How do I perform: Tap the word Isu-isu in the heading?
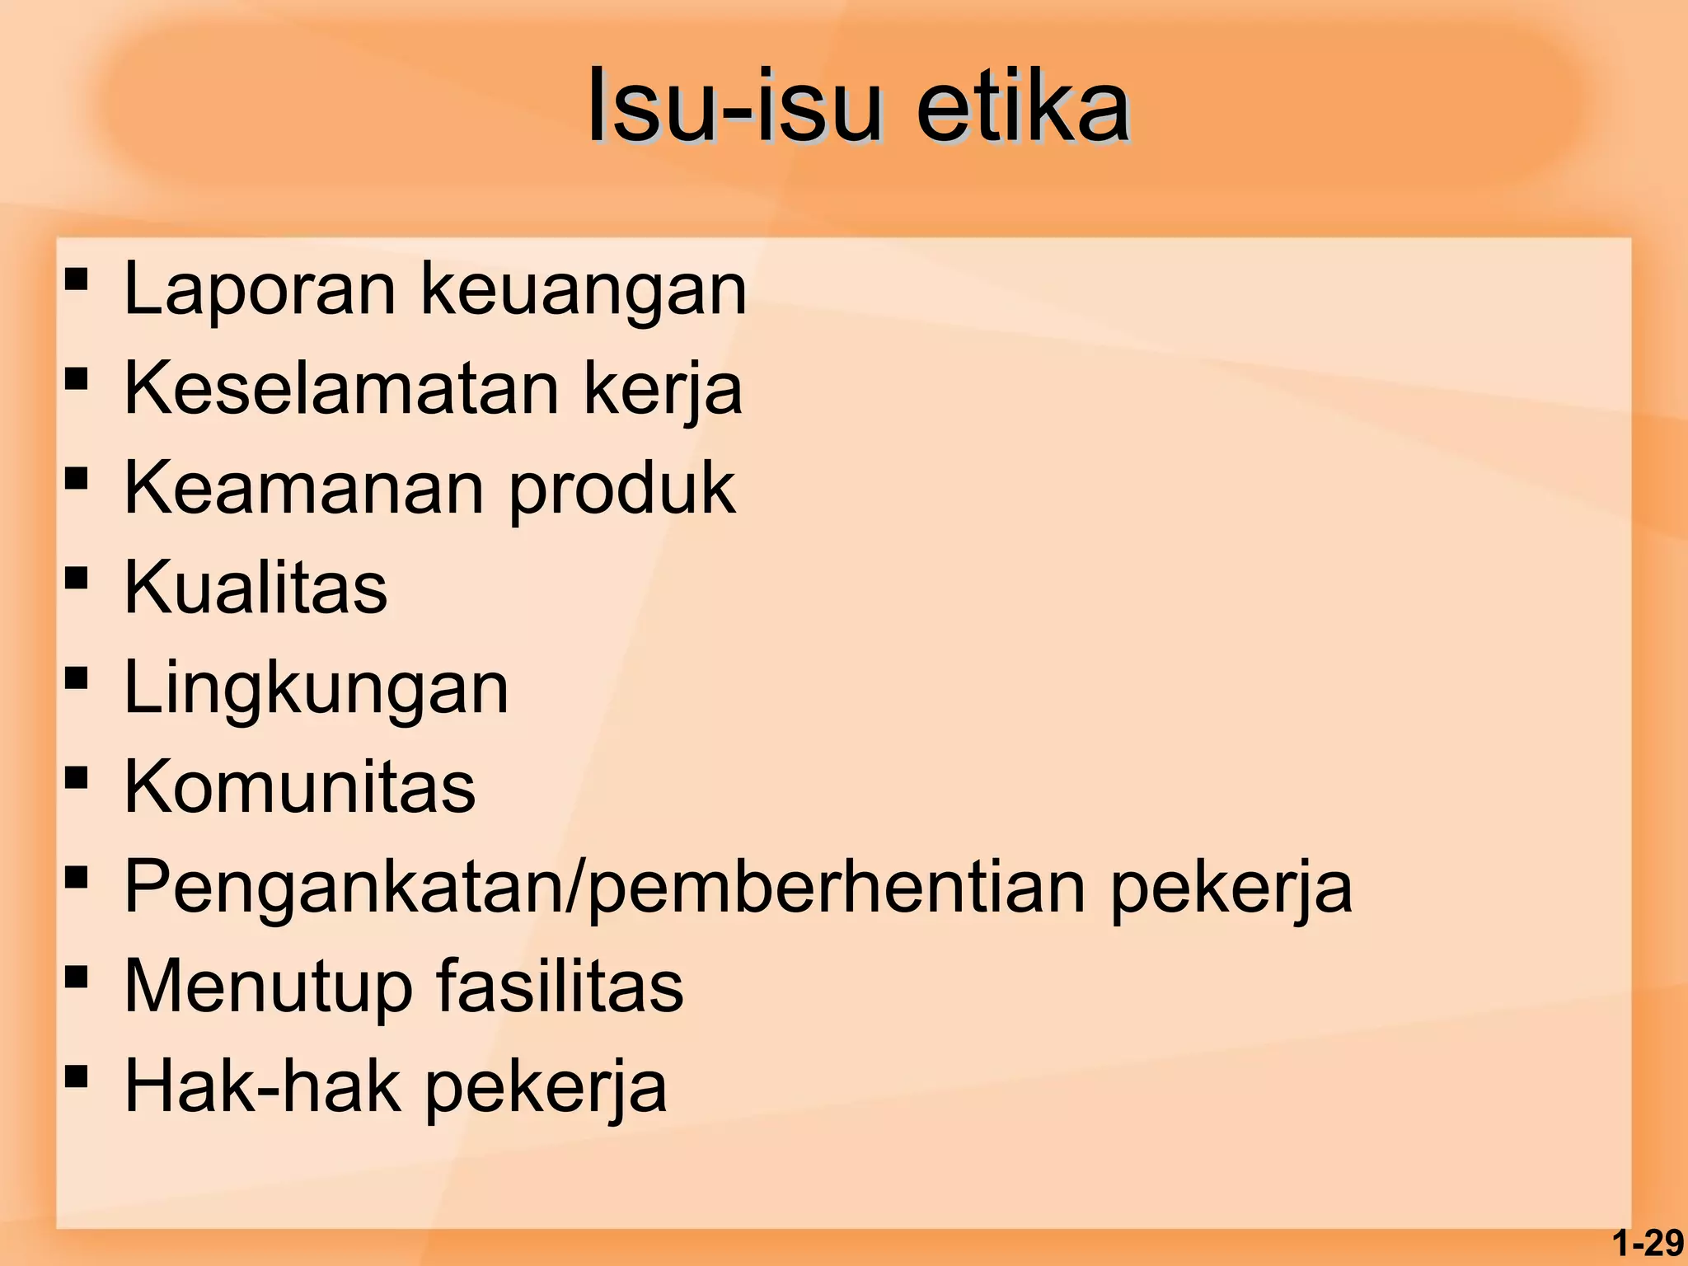coord(733,107)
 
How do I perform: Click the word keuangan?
coord(584,290)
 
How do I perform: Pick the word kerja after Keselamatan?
coord(663,389)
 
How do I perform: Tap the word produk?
coord(622,489)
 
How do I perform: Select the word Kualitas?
coord(256,587)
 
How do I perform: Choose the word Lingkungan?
coord(316,688)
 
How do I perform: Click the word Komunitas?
coord(300,786)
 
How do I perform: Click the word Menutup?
coord(268,987)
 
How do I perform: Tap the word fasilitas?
coord(560,986)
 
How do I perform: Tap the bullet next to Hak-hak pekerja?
coord(76,1076)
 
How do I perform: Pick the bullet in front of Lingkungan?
coord(76,678)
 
